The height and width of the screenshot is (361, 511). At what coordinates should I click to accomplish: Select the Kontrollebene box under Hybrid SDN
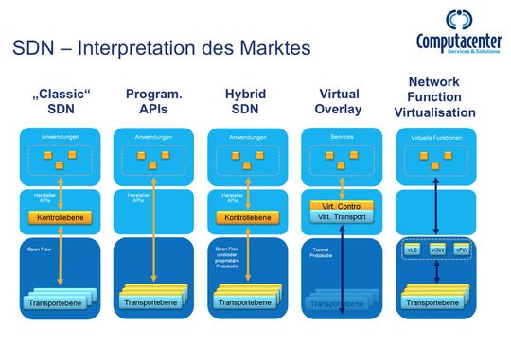tap(245, 217)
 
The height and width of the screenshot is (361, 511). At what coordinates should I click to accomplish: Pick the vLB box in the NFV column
tap(413, 252)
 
